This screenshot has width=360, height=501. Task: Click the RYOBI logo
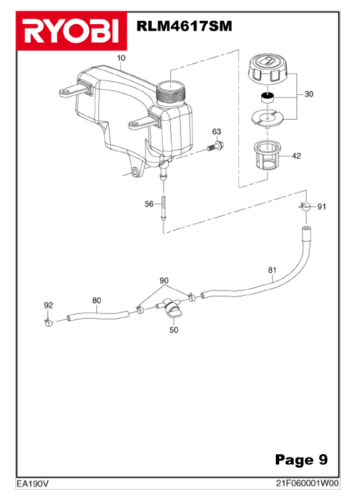[71, 31]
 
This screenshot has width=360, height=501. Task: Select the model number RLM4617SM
[184, 26]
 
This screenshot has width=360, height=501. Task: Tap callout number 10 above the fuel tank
[122, 58]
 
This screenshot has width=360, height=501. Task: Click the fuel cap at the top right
[268, 69]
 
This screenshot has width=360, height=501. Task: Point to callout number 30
[309, 94]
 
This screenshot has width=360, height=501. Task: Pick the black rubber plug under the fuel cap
[268, 97]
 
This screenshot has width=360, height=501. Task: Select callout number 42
[297, 156]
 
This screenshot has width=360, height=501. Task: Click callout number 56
[149, 204]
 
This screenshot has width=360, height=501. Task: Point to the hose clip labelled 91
[306, 206]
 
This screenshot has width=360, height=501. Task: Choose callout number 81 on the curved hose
[272, 270]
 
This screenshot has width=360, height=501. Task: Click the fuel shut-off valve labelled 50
[169, 307]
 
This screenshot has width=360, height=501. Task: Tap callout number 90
[164, 281]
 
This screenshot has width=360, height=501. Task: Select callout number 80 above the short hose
[96, 301]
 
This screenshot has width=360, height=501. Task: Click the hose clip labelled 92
[49, 323]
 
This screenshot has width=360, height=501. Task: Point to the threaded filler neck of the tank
[171, 91]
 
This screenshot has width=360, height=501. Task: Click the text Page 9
[301, 460]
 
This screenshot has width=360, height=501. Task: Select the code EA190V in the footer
[32, 484]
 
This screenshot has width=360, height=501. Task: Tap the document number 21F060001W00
[307, 484]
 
